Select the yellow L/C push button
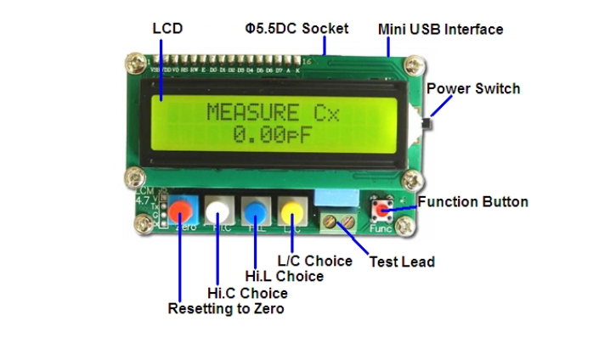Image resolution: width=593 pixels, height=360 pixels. click(x=292, y=210)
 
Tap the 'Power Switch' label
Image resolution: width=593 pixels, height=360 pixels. click(x=473, y=89)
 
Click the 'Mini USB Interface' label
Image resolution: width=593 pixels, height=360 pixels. click(x=440, y=30)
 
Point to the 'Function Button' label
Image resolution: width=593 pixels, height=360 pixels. click(x=472, y=202)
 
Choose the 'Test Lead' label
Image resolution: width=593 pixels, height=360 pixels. click(x=401, y=262)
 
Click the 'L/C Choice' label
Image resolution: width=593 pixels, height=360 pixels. click(x=315, y=261)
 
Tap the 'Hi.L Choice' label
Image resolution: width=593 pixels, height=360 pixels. click(x=284, y=276)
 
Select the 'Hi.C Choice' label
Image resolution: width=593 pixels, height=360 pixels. click(x=247, y=293)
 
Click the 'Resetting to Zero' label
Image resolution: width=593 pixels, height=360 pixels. click(x=226, y=309)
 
